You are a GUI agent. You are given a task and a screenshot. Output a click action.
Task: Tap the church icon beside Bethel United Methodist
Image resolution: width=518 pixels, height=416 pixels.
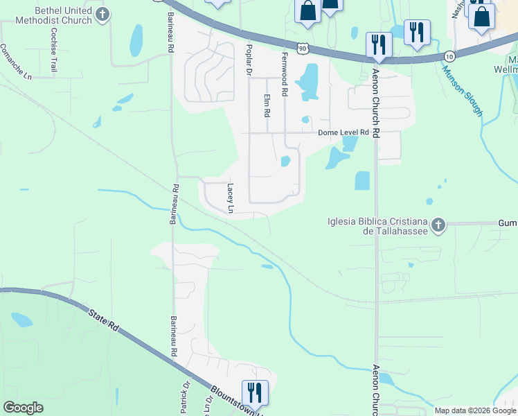(102, 15)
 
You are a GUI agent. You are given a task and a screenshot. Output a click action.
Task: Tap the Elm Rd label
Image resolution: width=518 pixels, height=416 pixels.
(266, 105)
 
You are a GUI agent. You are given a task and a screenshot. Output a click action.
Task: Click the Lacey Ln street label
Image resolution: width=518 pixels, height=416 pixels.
(231, 198)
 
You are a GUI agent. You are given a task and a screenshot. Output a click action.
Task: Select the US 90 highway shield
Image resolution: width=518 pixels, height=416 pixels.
(301, 47)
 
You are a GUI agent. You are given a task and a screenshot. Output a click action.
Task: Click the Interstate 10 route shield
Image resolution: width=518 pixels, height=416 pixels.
(450, 55)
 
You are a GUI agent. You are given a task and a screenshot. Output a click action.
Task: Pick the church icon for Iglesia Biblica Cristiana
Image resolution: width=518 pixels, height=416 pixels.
(438, 225)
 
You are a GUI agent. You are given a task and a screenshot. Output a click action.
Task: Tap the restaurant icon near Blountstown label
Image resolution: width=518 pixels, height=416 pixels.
(254, 392)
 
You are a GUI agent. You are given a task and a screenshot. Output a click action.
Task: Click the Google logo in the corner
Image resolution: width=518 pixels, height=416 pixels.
(23, 408)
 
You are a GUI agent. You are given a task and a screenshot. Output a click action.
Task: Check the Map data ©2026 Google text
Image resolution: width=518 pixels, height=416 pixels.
(475, 410)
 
